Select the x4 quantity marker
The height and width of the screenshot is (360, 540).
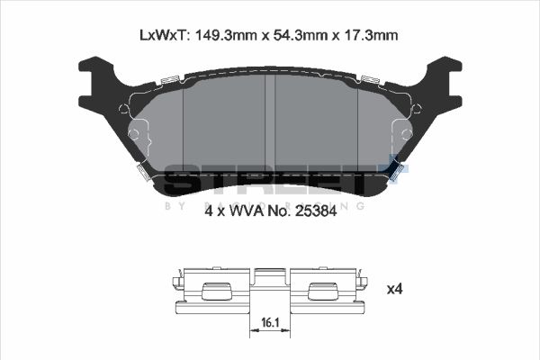coord(394,289)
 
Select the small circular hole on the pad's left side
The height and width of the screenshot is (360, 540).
coord(135,135)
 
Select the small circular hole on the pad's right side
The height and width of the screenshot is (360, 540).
coord(403,135)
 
